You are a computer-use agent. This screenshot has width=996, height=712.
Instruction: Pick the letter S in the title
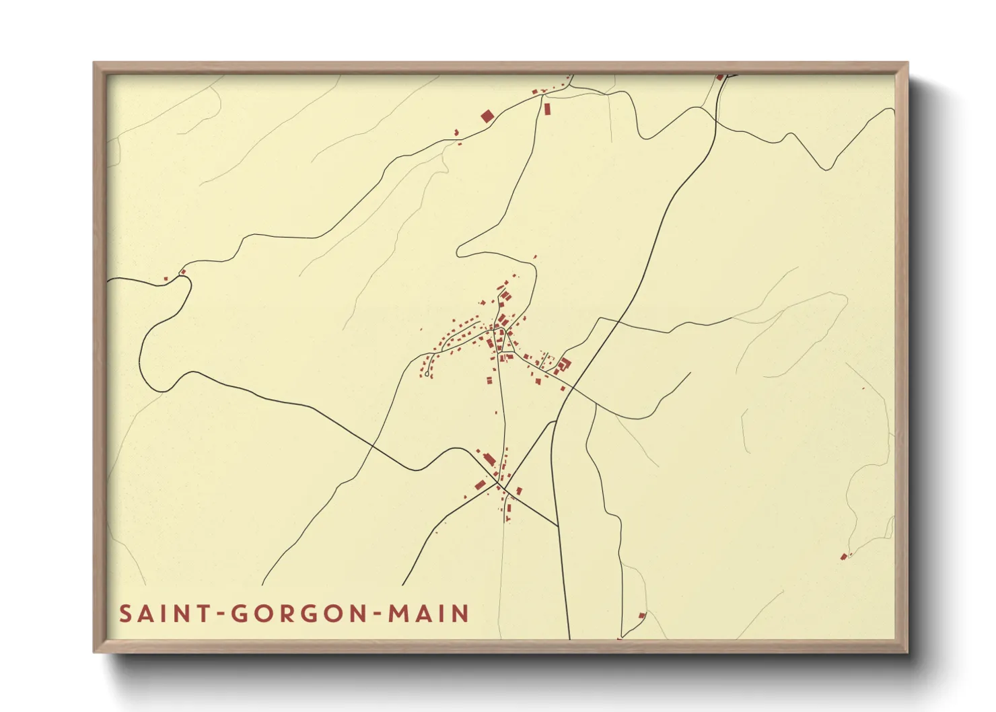(x=125, y=614)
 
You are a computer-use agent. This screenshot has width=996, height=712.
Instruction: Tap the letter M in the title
(x=401, y=614)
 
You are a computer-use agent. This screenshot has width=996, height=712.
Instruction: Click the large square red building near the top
(x=487, y=116)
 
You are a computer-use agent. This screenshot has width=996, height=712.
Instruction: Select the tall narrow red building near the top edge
(x=547, y=108)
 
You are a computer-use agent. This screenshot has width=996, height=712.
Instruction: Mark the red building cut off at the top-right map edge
(x=719, y=77)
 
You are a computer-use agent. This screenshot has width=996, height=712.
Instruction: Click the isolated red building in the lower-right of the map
(x=843, y=557)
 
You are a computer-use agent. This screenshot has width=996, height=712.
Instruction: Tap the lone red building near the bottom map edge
(x=641, y=615)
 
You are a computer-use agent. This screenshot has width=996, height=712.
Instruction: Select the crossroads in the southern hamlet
(x=499, y=483)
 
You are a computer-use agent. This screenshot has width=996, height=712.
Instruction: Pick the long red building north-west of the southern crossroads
(x=490, y=460)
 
